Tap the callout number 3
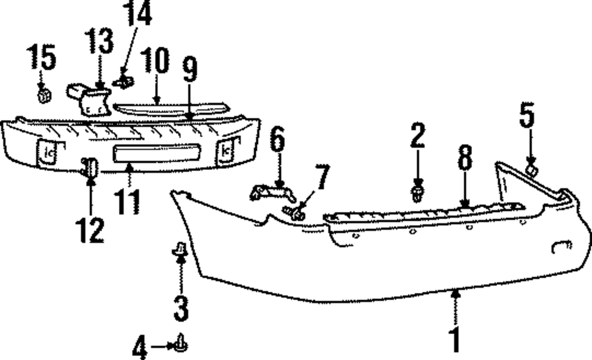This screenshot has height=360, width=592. (x=181, y=308)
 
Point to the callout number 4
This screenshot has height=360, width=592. (x=140, y=346)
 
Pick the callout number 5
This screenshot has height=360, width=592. (x=527, y=116)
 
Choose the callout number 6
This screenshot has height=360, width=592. (x=277, y=142)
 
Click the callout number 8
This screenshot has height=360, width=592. (x=465, y=159)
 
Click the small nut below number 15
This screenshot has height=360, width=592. (x=43, y=95)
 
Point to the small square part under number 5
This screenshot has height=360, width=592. (x=531, y=171)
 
